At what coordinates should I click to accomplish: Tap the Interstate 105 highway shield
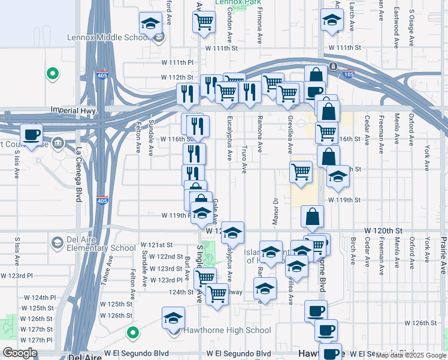point(349,74)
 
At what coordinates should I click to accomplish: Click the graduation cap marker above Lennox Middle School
point(150,24)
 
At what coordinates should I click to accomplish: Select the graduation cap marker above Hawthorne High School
point(174,317)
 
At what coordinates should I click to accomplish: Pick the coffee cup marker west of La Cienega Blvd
point(32,134)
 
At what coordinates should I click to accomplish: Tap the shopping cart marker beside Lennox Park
point(204,22)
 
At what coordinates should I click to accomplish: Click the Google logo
point(20,353)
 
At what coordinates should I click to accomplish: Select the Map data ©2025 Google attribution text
point(410,355)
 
